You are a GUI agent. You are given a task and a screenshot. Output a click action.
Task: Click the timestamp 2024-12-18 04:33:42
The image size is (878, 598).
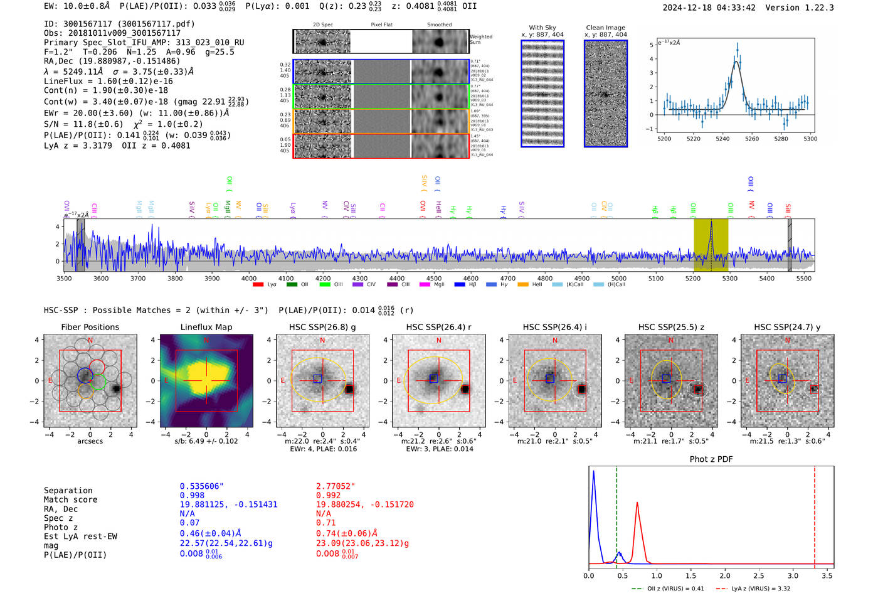[709, 8]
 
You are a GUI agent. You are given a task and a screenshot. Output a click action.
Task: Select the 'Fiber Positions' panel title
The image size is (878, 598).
[90, 327]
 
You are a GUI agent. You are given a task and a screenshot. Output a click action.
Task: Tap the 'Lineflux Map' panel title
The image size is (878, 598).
[206, 327]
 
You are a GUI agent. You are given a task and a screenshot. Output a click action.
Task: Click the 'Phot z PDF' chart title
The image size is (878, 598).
[711, 459]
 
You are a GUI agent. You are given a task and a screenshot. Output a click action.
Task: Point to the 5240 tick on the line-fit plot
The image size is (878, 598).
[722, 139]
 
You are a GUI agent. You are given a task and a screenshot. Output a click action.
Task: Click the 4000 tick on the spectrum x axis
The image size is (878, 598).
[249, 278]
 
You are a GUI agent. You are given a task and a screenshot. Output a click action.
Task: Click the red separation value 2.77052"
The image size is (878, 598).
[336, 486]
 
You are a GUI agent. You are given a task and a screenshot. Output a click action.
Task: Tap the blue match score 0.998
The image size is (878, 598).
[192, 496]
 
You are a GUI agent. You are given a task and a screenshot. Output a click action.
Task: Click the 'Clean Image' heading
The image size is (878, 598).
[605, 28]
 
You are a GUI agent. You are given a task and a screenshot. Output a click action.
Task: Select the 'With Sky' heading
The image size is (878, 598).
[542, 28]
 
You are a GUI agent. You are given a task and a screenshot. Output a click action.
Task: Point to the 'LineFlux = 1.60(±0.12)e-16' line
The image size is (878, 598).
[108, 82]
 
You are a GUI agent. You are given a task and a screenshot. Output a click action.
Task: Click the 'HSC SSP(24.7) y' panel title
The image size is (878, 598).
[787, 327]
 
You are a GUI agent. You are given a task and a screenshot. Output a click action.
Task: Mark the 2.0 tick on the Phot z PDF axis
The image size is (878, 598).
[725, 575]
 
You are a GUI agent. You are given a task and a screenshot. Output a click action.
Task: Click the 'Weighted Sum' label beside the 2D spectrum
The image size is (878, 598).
[480, 40]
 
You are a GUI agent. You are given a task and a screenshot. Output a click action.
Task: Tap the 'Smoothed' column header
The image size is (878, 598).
[439, 25]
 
